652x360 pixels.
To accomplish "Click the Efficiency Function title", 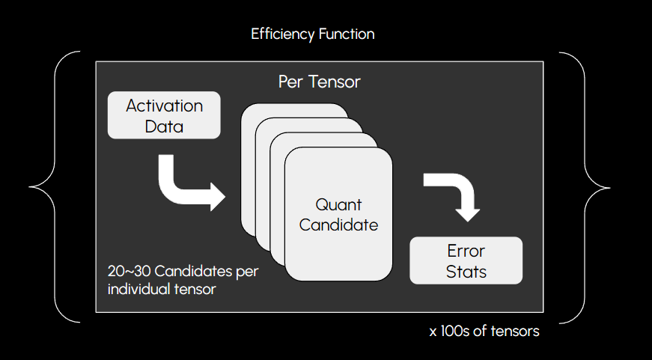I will click(313, 34).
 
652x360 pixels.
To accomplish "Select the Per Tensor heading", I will click(319, 82).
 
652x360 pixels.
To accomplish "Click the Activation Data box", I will click(165, 115).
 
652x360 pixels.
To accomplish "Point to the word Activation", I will click(165, 106).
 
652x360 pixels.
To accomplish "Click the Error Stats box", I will click(466, 260).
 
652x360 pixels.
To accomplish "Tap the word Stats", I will click(466, 271).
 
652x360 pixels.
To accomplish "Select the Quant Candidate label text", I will click(338, 214).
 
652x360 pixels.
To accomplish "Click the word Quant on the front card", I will click(338, 204).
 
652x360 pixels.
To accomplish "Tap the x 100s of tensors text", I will click(484, 331).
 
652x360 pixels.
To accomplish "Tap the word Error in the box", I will click(466, 251).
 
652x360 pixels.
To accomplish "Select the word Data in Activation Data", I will click(165, 126).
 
